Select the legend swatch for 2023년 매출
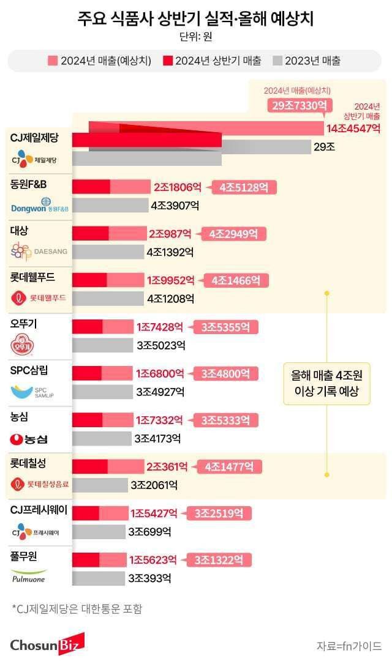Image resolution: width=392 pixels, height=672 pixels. click(x=277, y=61)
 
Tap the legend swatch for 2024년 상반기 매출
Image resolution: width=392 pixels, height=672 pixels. click(x=168, y=61)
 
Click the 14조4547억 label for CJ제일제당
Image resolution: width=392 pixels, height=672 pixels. click(x=353, y=129)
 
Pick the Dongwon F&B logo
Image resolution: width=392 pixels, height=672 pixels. click(x=40, y=205)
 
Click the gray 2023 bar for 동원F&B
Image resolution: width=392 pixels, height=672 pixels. click(x=110, y=206)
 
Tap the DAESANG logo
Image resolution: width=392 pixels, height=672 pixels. click(x=40, y=251)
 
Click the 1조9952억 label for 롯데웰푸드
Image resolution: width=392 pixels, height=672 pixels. click(x=170, y=280)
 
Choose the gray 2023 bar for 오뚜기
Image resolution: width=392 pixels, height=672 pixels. click(x=102, y=345)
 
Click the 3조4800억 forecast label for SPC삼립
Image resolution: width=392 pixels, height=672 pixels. click(x=225, y=373)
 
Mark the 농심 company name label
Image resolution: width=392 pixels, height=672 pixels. click(x=20, y=417)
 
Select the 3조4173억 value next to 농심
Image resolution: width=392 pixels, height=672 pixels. click(x=157, y=438)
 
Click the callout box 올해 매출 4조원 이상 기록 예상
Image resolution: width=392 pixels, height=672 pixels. click(x=327, y=383)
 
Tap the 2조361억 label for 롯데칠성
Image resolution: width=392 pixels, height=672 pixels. click(x=167, y=466)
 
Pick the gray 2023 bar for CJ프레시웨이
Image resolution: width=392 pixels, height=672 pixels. click(x=99, y=532)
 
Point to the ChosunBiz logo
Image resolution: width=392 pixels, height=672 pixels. click(x=47, y=644)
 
